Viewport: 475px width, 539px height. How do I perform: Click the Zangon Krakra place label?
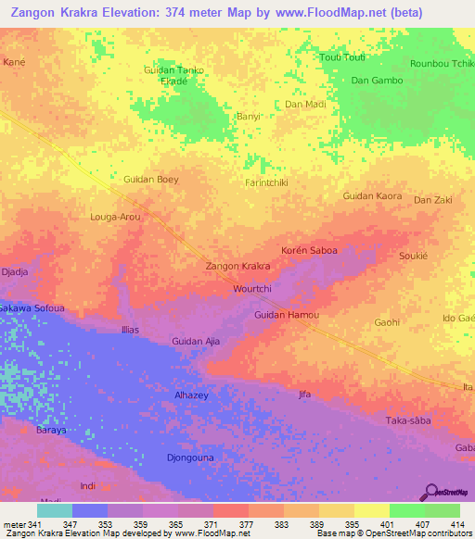pyautogui.click(x=237, y=267)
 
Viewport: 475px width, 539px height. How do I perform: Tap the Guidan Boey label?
pyautogui.click(x=150, y=179)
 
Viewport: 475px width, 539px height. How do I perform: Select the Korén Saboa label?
pyautogui.click(x=309, y=251)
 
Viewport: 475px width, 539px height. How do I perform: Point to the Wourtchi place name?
pyautogui.click(x=251, y=289)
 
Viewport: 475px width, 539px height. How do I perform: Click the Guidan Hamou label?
pyautogui.click(x=287, y=316)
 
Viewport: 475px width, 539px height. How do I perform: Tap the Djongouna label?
pyautogui.click(x=190, y=458)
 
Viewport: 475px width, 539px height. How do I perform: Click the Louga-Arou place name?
pyautogui.click(x=115, y=217)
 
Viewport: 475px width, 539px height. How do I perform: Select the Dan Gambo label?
pyautogui.click(x=377, y=81)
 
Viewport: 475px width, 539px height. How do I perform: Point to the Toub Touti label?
pyautogui.click(x=342, y=57)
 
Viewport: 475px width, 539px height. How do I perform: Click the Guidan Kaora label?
pyautogui.click(x=372, y=196)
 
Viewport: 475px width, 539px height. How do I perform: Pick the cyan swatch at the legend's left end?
pyautogui.click(x=54, y=510)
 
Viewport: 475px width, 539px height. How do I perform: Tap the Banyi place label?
pyautogui.click(x=248, y=117)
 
